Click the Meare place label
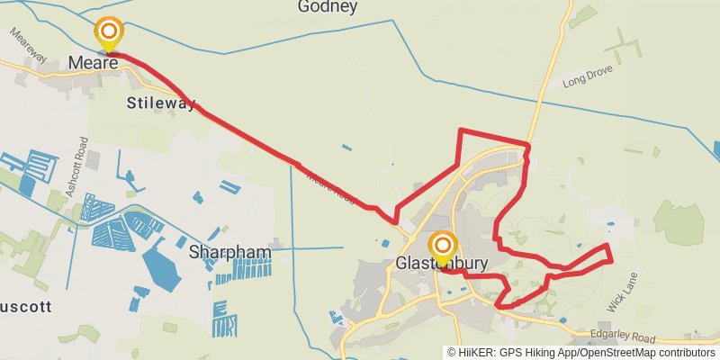tap(94, 65)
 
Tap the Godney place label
tap(328, 8)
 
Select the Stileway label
tap(162, 103)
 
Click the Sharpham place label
tap(229, 253)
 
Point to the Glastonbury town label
tap(441, 265)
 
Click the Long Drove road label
tap(587, 82)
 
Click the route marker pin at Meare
tap(109, 34)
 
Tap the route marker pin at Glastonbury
tap(442, 247)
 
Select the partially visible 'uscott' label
tap(24, 306)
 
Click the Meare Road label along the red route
tap(332, 186)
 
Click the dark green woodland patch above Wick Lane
tap(678, 221)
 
